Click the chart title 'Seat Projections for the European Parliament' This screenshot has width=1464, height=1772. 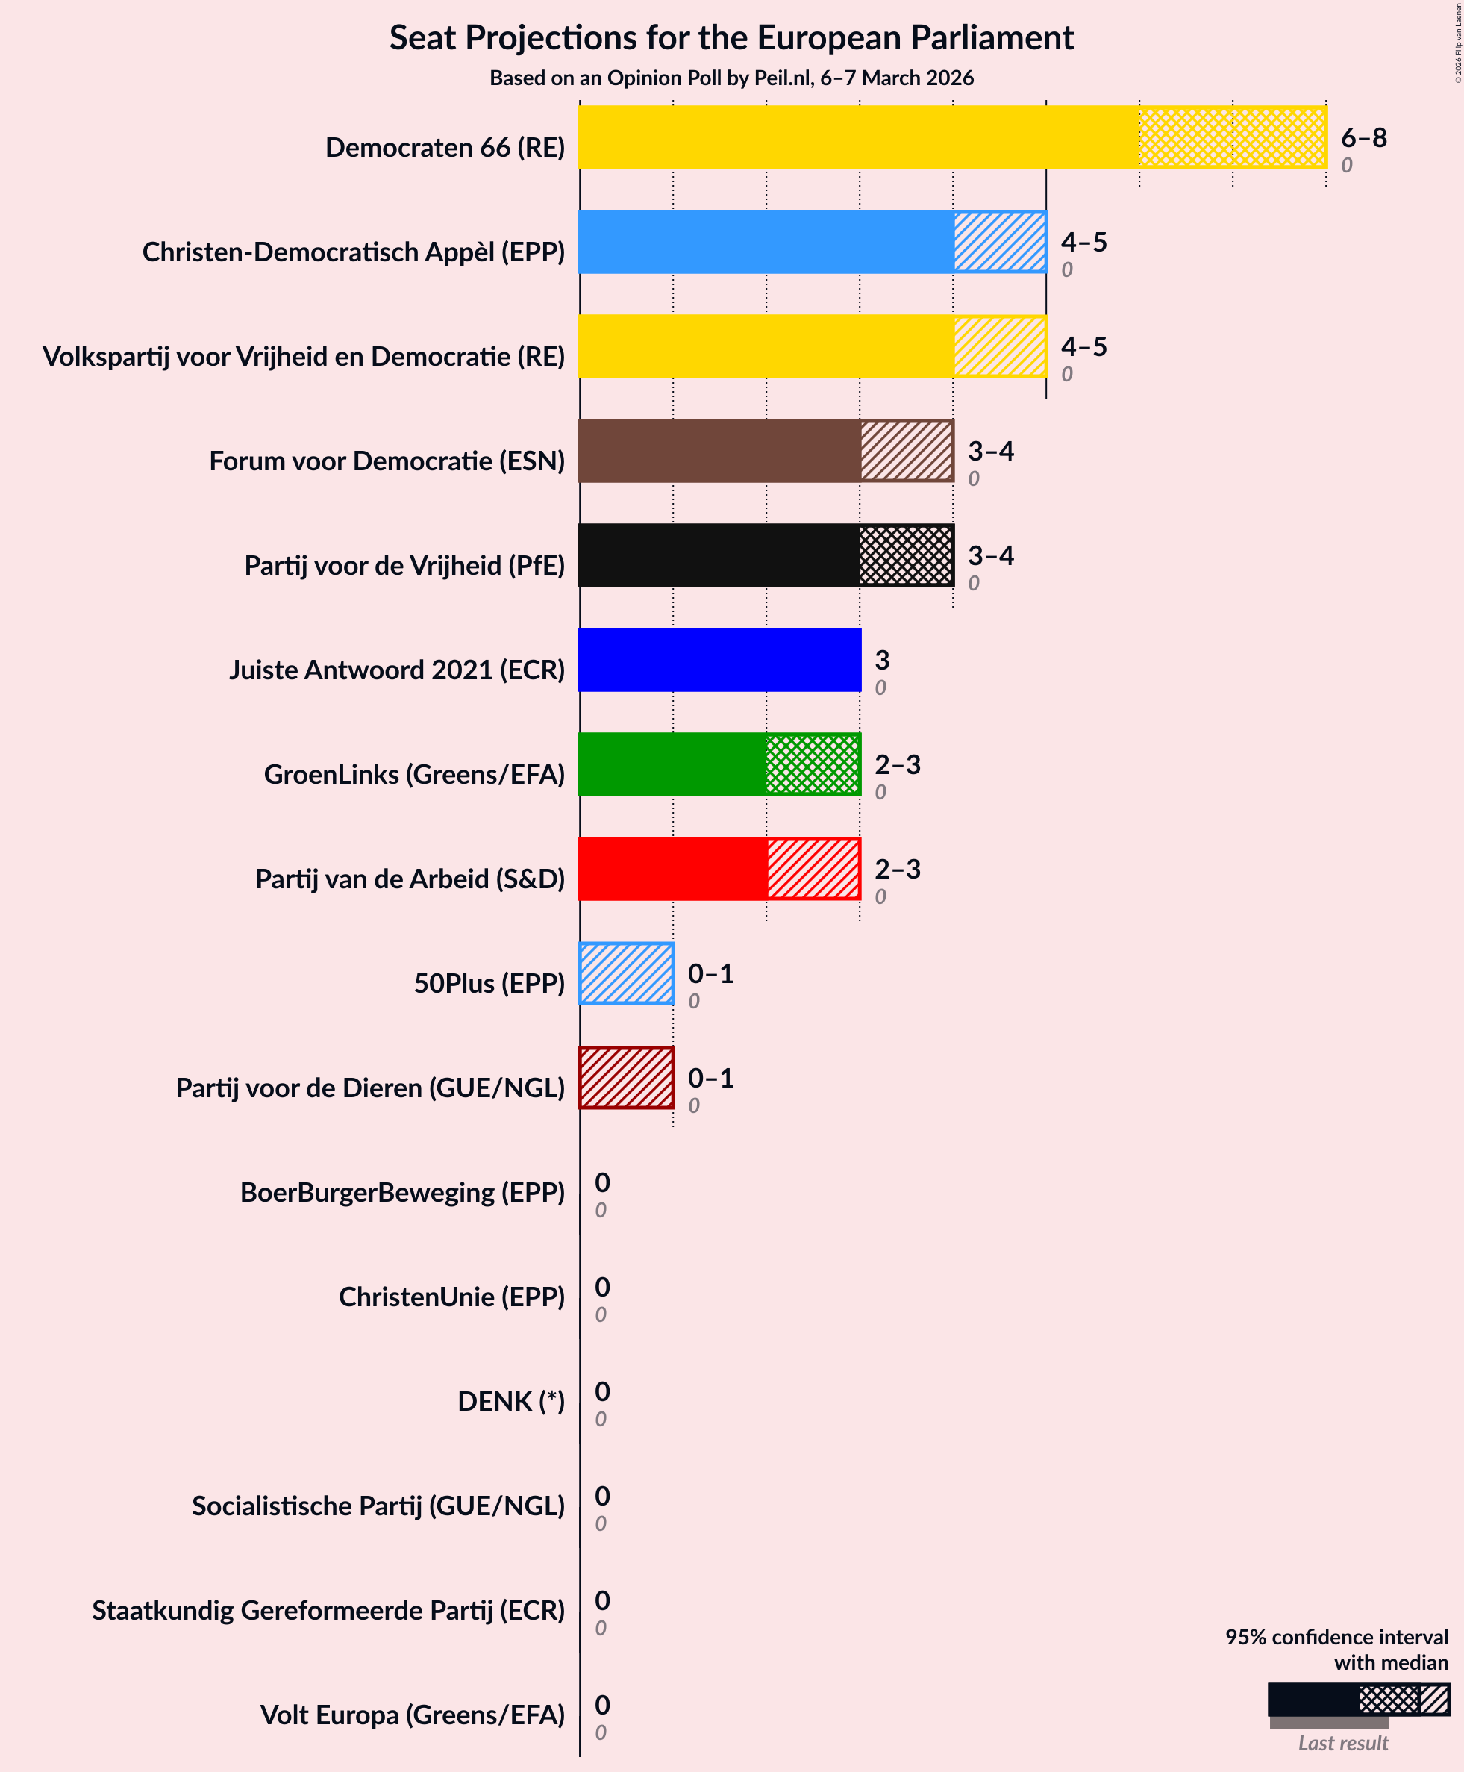tap(731, 38)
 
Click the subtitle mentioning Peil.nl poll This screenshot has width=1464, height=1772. tap(731, 78)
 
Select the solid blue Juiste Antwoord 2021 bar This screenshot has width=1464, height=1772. tap(719, 660)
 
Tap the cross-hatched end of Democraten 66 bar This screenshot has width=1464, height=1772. tap(1232, 137)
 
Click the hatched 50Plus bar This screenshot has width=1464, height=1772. tap(627, 973)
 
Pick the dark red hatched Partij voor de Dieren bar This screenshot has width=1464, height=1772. tap(627, 1078)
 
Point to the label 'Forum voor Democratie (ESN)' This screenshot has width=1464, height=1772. tap(387, 461)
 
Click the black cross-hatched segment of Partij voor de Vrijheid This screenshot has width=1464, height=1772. tap(907, 555)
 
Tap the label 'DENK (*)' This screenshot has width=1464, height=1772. tap(511, 1401)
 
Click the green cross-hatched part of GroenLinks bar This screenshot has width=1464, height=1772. tap(813, 764)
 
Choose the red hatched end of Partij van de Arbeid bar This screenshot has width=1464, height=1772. tap(813, 869)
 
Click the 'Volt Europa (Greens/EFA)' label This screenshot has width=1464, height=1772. tap(413, 1715)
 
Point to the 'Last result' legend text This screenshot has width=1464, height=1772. tap(1342, 1744)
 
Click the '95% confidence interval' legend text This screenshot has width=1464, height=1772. tap(1336, 1637)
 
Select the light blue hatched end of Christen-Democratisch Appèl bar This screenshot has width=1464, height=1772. tap(1000, 242)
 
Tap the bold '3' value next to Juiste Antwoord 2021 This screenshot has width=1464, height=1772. tap(881, 660)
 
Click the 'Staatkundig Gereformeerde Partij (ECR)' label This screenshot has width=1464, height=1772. tap(328, 1610)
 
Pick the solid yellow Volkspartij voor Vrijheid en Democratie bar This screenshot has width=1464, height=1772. tap(766, 346)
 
